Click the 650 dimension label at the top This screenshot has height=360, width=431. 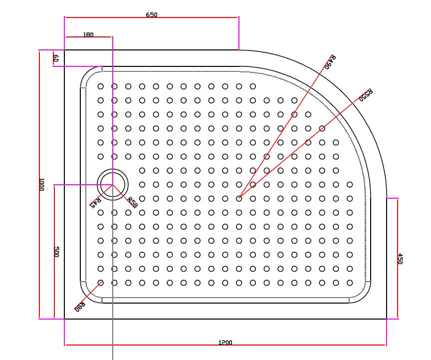tap(152, 14)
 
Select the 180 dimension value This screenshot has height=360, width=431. tap(88, 35)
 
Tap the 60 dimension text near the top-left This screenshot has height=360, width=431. tap(56, 58)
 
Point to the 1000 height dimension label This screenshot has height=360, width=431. tap(41, 184)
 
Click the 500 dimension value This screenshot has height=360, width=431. tap(56, 252)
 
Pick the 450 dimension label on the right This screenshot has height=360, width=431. tap(400, 259)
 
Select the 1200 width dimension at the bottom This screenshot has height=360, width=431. tap(225, 343)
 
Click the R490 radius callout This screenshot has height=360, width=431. tap(330, 62)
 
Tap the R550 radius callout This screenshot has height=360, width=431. tap(367, 95)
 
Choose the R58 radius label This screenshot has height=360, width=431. tap(132, 202)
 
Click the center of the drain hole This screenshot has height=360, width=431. tap(113, 184)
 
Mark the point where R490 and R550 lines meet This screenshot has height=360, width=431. tap(239, 198)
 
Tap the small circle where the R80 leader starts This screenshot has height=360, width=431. tap(101, 283)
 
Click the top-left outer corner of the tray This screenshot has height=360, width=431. tap(65, 50)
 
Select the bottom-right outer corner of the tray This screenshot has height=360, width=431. tap(387, 319)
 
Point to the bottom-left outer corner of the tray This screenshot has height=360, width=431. tap(65, 319)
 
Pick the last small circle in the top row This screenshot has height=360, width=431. tap(253, 86)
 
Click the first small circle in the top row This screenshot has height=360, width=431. tap(101, 86)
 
